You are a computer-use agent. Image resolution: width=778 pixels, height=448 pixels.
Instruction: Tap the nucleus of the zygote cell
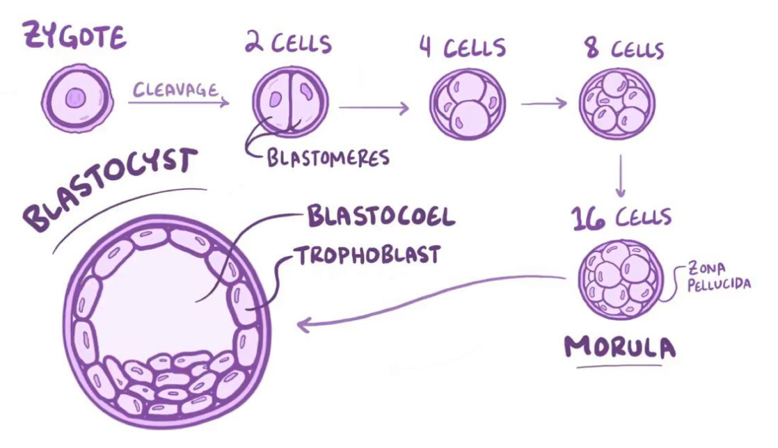(x=75, y=99)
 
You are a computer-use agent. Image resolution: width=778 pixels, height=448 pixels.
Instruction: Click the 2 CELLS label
(x=287, y=42)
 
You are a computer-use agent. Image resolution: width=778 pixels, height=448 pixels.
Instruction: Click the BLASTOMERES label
(x=328, y=157)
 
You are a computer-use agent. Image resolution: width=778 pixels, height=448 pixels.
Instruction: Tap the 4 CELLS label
(x=462, y=48)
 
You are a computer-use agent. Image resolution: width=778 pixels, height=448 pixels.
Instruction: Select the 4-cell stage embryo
(x=467, y=105)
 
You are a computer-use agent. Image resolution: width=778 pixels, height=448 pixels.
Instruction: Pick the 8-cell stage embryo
(x=618, y=105)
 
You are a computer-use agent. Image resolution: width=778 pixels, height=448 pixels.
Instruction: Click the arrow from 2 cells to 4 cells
(x=374, y=108)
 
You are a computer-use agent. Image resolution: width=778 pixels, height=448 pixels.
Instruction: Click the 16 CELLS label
(x=621, y=217)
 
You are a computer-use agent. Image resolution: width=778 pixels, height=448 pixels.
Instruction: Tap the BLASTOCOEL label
(x=381, y=217)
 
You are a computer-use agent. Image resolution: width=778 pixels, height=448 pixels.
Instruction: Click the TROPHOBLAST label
(x=369, y=255)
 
